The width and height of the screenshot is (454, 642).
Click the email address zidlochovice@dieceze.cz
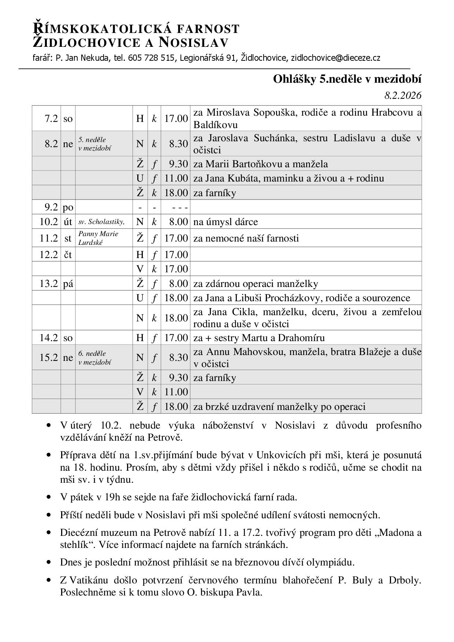coord(335,58)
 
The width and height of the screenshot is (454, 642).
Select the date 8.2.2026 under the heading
coord(403,96)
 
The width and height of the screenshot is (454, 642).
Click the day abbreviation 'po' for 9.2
coord(68,208)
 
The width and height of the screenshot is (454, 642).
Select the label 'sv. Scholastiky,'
coord(101,222)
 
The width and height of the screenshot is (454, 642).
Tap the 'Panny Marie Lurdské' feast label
coord(98,238)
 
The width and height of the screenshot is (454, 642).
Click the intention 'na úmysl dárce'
coord(226,222)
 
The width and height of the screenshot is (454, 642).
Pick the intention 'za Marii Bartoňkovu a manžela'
coord(260,164)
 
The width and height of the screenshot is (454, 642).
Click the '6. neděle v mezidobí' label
coord(92,358)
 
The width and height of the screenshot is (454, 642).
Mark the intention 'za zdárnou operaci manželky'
coord(256,284)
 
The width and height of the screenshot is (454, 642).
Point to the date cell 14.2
coord(49,337)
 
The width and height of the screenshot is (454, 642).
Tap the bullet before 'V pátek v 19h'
coord(48,497)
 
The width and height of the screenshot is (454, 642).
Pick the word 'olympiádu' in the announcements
coord(331,562)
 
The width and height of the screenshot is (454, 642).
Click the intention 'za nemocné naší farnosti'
coord(246,238)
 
